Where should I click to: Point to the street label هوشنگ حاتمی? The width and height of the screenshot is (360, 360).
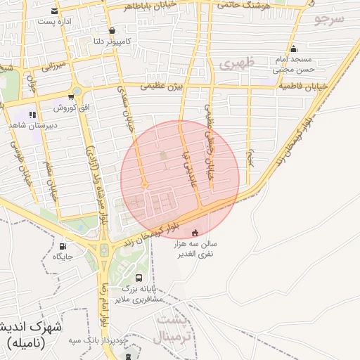[241, 4]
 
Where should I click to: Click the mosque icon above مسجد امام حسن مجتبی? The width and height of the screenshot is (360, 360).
[293, 49]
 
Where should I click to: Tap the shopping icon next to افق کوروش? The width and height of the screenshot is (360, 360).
[71, 97]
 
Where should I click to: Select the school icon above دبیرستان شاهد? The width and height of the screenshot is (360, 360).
[32, 114]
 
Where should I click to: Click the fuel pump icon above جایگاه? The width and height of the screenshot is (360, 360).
[63, 247]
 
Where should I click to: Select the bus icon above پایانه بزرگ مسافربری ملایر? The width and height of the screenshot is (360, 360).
[138, 278]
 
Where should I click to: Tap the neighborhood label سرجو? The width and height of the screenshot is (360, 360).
[329, 19]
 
